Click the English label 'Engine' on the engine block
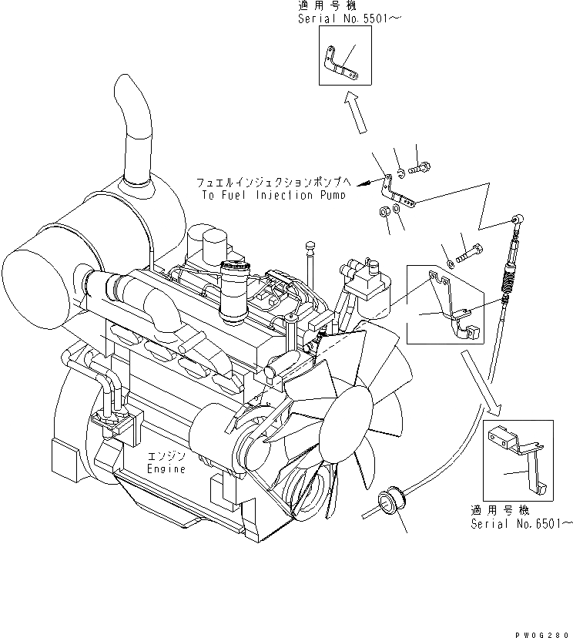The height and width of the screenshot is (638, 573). click(166, 468)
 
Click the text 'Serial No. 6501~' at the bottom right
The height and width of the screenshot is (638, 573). click(521, 524)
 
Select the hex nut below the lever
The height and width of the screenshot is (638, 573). click(383, 212)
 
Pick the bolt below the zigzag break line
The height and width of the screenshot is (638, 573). click(471, 253)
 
